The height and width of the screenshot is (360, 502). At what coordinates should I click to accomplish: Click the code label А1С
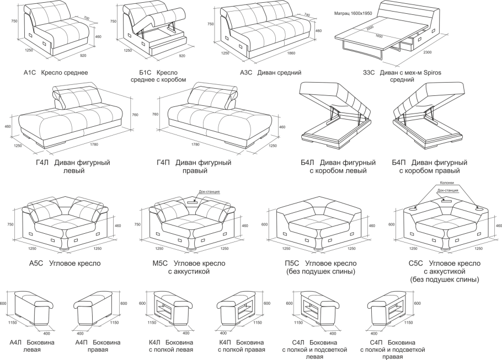pos(29,72)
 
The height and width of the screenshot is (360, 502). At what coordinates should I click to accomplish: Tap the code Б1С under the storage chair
pos(145,72)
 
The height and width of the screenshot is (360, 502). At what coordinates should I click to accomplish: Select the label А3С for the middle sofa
pos(246,72)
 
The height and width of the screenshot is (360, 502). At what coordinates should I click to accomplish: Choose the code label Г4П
pos(163,163)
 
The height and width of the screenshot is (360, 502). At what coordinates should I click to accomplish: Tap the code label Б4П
pos(399,163)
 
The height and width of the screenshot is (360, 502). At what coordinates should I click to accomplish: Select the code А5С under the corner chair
pos(36,264)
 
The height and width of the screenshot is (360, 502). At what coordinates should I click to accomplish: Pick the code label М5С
pos(160,264)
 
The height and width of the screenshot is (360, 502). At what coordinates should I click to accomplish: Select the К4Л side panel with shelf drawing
pos(168,309)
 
